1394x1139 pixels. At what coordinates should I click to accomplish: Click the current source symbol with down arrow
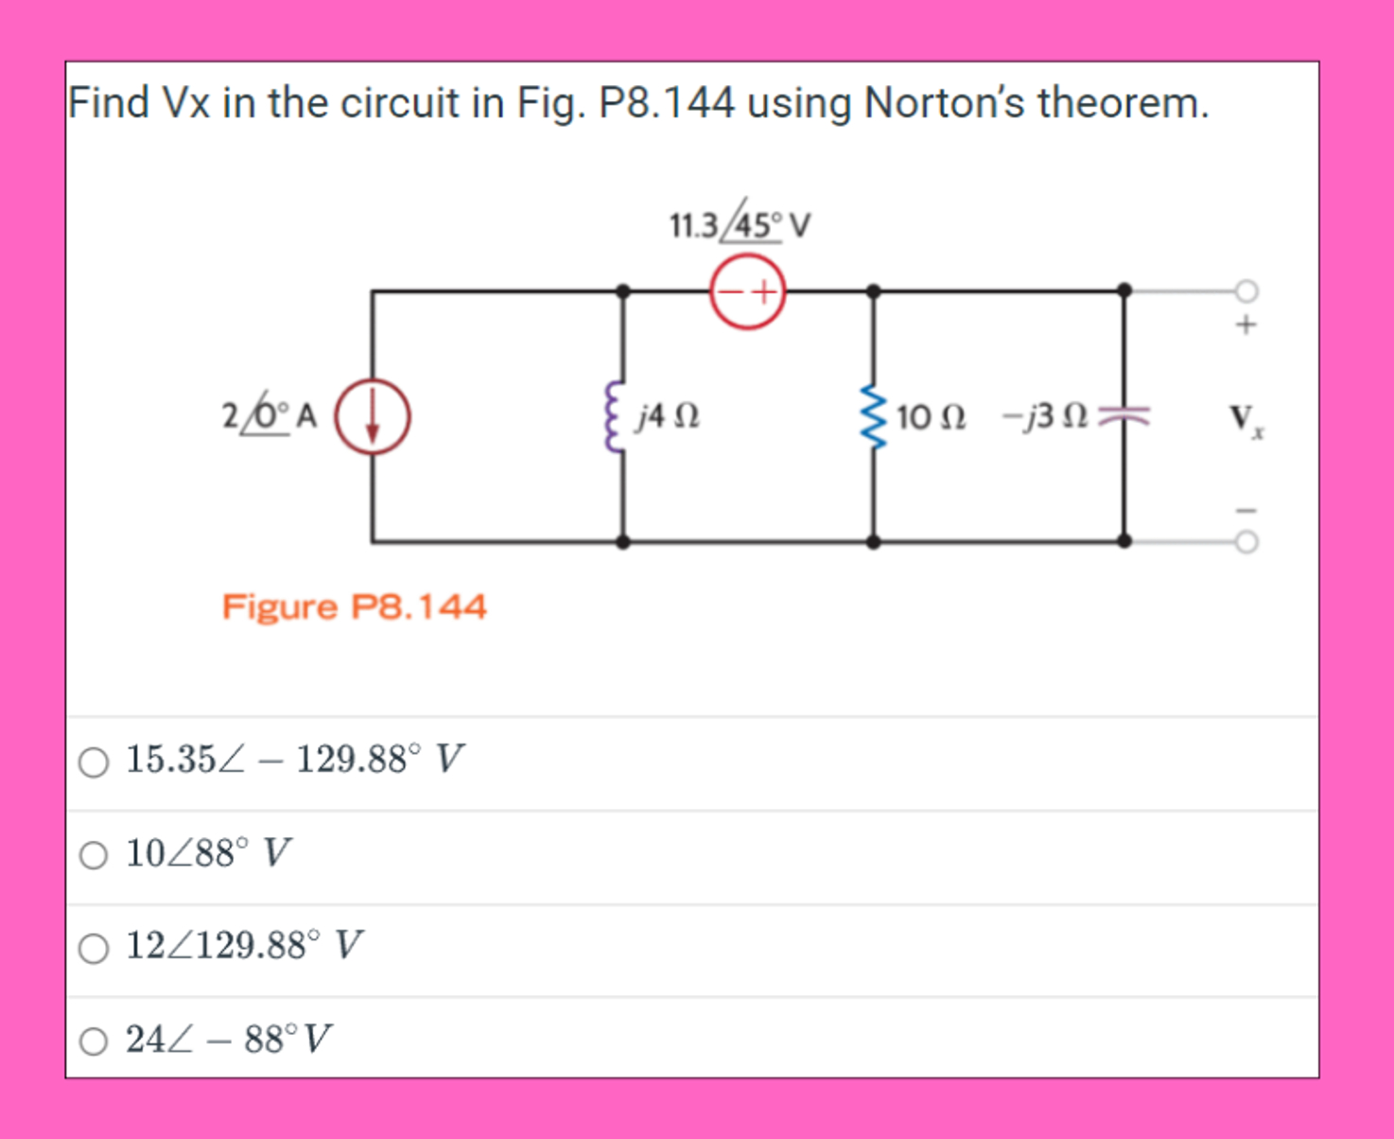click(x=374, y=416)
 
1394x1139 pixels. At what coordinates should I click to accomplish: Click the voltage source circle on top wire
click(x=747, y=291)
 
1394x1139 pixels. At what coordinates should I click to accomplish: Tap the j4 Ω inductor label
click(x=669, y=416)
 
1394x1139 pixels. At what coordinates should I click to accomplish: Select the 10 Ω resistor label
click(x=931, y=417)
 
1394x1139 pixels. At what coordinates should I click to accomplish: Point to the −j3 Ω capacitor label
click(x=1044, y=416)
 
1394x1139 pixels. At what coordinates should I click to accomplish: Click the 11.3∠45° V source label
click(x=740, y=225)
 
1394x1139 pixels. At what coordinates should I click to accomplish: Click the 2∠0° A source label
click(x=269, y=416)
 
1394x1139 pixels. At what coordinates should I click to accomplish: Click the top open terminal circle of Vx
click(x=1246, y=290)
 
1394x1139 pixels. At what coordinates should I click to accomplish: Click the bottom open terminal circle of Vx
click(x=1246, y=542)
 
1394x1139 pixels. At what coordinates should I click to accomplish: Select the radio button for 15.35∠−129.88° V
click(x=94, y=762)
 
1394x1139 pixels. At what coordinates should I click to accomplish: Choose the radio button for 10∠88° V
click(x=94, y=855)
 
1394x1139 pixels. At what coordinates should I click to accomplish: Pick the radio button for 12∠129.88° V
click(x=94, y=948)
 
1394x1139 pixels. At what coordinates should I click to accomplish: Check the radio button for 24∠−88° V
click(x=94, y=1042)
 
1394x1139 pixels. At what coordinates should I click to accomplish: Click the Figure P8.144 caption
click(x=354, y=606)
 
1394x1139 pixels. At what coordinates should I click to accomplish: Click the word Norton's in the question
click(x=943, y=102)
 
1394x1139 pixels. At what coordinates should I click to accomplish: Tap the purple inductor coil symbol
click(x=616, y=417)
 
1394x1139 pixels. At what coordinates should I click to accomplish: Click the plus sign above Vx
click(x=1246, y=324)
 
